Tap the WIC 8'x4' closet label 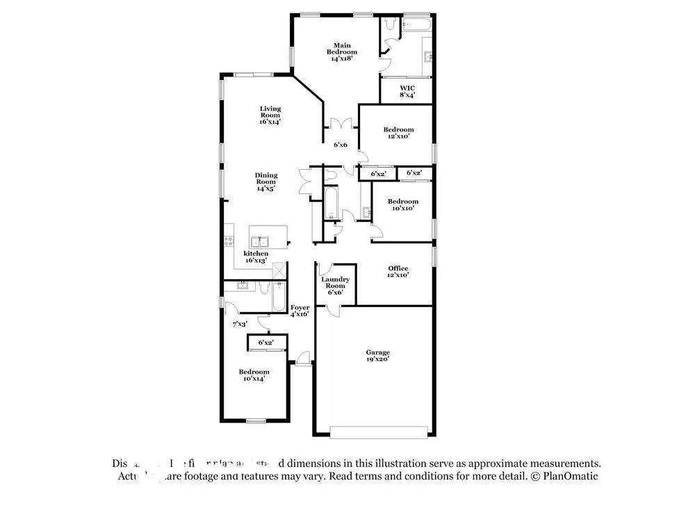click(x=407, y=91)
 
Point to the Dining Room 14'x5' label click(x=265, y=182)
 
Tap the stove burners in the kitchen click(x=228, y=242)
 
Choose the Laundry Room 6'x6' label click(x=335, y=285)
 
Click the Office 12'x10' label click(x=398, y=271)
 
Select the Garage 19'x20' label click(x=378, y=356)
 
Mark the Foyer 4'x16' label click(x=300, y=310)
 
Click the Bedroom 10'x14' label click(x=254, y=376)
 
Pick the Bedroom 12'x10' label click(x=398, y=132)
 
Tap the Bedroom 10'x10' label click(x=402, y=205)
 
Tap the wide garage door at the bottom click(x=378, y=432)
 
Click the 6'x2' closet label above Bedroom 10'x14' click(x=265, y=342)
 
